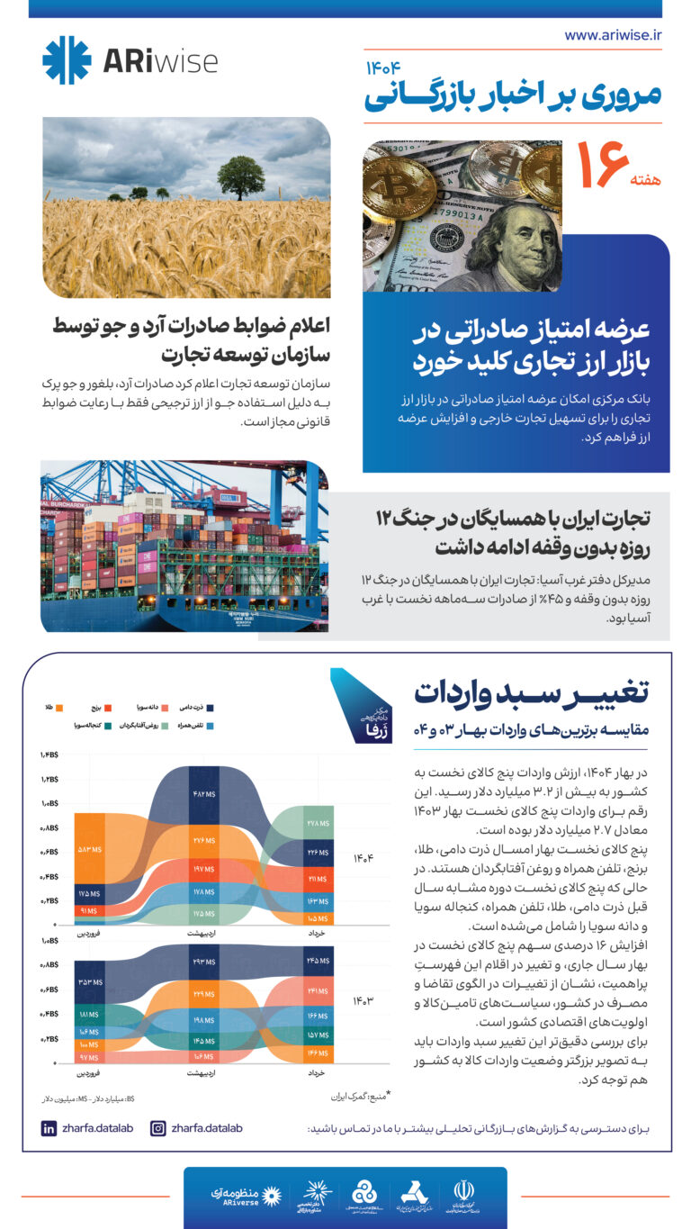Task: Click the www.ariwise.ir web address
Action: [613, 35]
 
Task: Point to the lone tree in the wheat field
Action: [241, 176]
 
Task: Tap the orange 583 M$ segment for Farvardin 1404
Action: [97, 849]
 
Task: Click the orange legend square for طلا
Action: [59, 709]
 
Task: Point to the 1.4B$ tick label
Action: [49, 755]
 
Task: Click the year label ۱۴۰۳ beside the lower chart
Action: [363, 1000]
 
